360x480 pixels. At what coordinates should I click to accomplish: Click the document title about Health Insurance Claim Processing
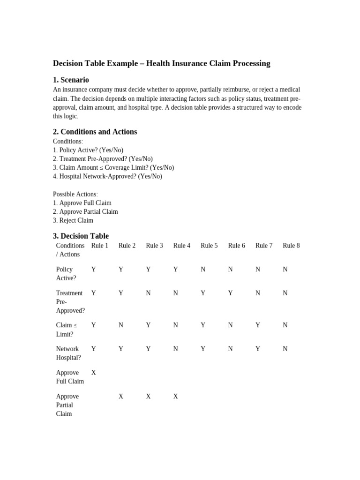click(x=161, y=63)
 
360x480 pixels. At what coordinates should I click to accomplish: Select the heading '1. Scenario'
click(x=71, y=80)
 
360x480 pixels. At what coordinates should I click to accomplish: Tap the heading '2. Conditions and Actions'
click(x=95, y=132)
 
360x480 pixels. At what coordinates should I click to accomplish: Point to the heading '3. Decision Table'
click(x=81, y=236)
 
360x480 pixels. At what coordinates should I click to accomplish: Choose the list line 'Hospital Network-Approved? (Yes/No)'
click(x=107, y=176)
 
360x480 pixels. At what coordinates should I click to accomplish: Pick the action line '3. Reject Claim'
click(x=73, y=220)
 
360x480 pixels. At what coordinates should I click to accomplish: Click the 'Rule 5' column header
click(x=209, y=246)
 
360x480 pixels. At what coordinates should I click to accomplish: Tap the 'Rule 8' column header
click(x=291, y=246)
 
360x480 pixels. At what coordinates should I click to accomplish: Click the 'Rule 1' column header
click(x=99, y=246)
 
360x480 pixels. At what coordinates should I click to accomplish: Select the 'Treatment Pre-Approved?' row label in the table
click(x=70, y=301)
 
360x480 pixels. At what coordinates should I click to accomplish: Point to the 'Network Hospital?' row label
click(x=68, y=353)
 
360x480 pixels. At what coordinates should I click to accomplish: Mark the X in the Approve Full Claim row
click(x=94, y=373)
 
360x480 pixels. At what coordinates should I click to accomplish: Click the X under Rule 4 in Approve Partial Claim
click(x=176, y=396)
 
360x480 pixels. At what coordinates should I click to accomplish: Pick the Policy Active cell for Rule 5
click(x=203, y=269)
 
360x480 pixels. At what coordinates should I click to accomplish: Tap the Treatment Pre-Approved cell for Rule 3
click(x=148, y=293)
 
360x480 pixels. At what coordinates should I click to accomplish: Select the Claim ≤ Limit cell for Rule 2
click(x=121, y=325)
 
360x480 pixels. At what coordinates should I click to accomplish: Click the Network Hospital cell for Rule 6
click(x=230, y=349)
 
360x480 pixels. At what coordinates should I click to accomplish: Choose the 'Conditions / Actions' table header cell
click(x=70, y=250)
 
